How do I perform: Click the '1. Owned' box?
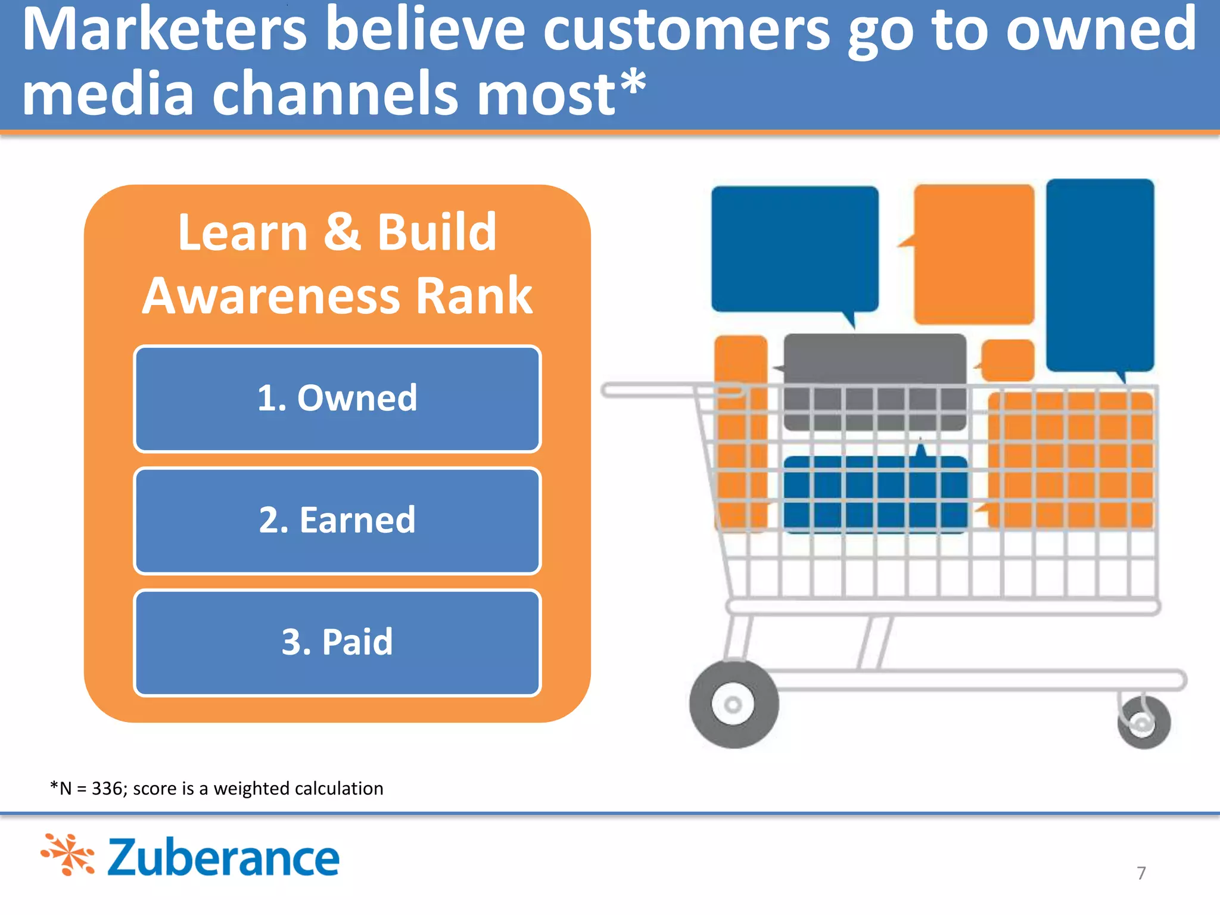[337, 399]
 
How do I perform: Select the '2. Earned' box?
[337, 520]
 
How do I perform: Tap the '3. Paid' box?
[337, 642]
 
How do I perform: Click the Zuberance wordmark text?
[223, 858]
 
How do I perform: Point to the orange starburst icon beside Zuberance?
[68, 855]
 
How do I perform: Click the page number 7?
[1141, 873]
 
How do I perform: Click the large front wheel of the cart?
[733, 705]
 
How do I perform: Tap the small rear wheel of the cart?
[1144, 723]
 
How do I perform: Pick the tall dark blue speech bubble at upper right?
[1100, 274]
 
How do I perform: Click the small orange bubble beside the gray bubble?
[1008, 360]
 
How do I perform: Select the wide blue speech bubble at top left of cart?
[795, 249]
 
